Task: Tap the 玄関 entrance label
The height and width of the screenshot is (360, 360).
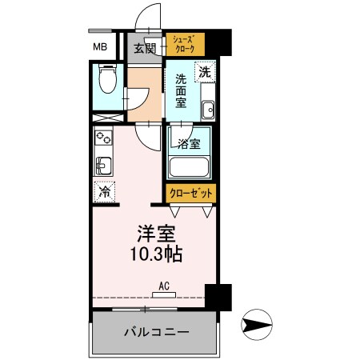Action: pos(144,48)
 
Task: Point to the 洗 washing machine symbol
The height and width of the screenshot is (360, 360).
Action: pos(206,71)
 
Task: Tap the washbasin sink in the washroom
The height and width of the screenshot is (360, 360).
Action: pos(208,110)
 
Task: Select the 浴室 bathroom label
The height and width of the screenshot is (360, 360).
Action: pos(189,145)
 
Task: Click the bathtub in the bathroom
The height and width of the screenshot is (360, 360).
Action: pos(189,169)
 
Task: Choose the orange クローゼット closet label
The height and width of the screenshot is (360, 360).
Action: pos(190,194)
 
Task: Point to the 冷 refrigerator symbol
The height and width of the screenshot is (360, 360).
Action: pos(103,192)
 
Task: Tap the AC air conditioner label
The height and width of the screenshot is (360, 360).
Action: pos(163,286)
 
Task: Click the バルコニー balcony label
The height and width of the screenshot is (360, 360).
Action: pos(155,332)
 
